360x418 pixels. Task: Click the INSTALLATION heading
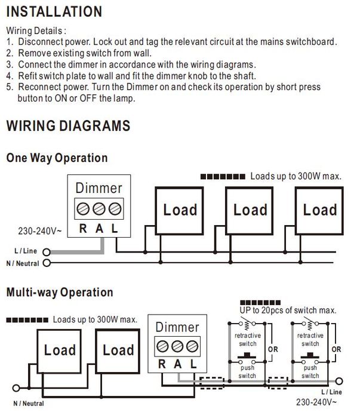click(54, 12)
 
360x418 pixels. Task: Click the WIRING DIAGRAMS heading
click(67, 126)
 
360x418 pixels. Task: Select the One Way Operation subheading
click(57, 158)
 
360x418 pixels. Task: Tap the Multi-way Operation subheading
click(59, 293)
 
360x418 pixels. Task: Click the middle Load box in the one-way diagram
click(250, 210)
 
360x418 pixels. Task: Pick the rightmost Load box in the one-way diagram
click(319, 210)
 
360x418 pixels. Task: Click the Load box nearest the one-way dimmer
click(180, 210)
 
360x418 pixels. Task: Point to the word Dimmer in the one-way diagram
click(99, 188)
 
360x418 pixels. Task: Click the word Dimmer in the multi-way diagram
click(177, 327)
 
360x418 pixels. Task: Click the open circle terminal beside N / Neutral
click(47, 263)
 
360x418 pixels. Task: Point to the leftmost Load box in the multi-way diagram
click(60, 351)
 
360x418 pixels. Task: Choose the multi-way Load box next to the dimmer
click(118, 351)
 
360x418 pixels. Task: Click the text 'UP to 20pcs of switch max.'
click(287, 311)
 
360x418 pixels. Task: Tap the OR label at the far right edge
click(337, 349)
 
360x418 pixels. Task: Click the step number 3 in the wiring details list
click(10, 64)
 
